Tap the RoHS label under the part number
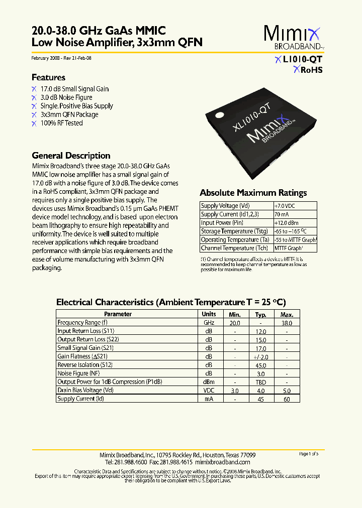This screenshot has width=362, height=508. click(311, 70)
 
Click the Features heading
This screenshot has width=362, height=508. click(48, 77)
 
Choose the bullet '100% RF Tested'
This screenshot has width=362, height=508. click(61, 123)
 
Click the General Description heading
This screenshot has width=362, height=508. click(71, 156)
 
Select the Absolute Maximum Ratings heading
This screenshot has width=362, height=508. click(253, 193)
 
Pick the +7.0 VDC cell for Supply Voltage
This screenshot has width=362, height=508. click(285, 206)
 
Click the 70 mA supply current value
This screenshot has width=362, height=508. click(281, 214)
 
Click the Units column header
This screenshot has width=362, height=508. click(209, 314)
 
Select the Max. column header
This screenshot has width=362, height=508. click(287, 314)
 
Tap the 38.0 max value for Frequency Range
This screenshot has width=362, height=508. click(287, 323)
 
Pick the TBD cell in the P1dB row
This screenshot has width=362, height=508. click(260, 382)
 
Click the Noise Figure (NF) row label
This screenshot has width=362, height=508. click(79, 373)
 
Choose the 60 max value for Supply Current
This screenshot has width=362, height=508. click(287, 399)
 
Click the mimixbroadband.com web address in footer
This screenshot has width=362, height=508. click(222, 462)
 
